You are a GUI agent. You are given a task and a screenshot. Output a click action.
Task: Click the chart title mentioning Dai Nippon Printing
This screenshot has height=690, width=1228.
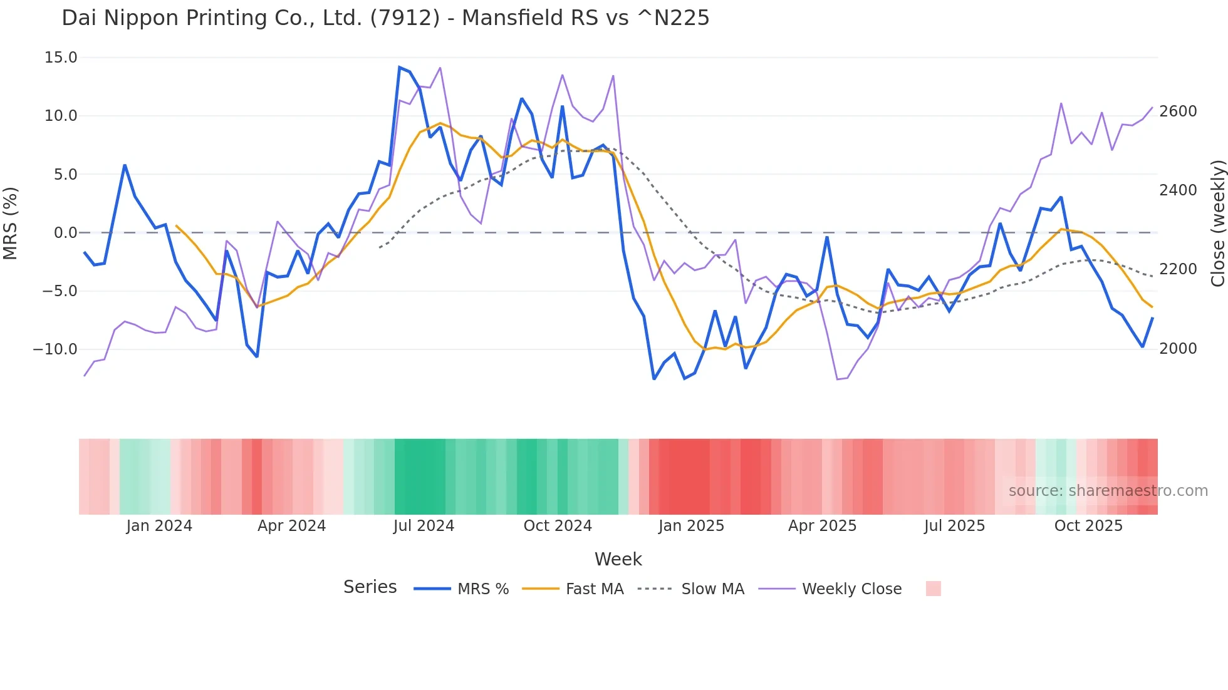(385, 18)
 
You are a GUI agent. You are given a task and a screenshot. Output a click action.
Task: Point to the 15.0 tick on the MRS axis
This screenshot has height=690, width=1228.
(61, 58)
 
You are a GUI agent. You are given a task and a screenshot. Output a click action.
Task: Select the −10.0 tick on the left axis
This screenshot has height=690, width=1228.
(55, 349)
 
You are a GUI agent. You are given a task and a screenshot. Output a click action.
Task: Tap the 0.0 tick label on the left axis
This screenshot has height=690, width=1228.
(66, 233)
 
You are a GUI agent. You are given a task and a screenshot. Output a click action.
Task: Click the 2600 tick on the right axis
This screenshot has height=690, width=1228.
(1178, 111)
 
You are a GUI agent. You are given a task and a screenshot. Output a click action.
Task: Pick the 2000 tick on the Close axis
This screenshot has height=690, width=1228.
(1178, 349)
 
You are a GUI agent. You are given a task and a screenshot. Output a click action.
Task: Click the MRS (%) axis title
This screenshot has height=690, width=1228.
(11, 223)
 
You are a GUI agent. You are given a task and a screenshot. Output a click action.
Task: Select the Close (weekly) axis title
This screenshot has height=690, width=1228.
(1217, 223)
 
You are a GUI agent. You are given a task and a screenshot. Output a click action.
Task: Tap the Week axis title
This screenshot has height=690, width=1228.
(618, 559)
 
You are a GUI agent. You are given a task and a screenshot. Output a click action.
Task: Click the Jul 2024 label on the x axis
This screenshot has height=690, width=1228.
(424, 526)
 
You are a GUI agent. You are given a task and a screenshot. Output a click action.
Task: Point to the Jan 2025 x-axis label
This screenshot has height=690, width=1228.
(691, 526)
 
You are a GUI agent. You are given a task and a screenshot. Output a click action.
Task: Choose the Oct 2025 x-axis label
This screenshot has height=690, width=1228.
(1088, 526)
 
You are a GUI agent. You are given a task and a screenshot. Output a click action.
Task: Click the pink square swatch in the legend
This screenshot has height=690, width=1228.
(933, 589)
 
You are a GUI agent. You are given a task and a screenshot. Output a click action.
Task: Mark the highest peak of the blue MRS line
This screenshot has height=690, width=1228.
(400, 67)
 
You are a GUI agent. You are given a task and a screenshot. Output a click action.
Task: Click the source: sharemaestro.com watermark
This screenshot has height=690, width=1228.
(1108, 491)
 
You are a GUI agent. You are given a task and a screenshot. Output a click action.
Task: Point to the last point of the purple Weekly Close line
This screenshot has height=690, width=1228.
(1152, 107)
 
